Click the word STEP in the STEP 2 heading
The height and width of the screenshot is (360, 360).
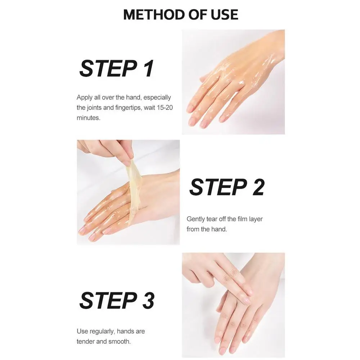coord(218,187)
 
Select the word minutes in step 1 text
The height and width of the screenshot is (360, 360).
coord(89,118)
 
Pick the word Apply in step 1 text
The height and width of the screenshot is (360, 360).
coord(85,98)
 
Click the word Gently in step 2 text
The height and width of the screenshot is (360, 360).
coord(195,219)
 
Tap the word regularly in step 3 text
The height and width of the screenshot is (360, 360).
coord(102,332)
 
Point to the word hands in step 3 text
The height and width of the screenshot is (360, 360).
coord(125,331)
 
